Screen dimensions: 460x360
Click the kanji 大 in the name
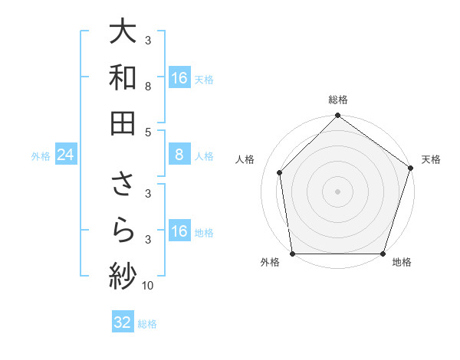tap(123, 33)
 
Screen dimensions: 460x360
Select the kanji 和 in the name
tap(123, 78)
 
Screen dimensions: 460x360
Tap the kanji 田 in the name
tap(123, 123)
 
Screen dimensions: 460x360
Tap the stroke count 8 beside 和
tap(147, 87)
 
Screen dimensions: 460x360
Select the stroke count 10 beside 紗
tap(148, 286)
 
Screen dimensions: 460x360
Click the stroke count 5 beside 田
tap(147, 132)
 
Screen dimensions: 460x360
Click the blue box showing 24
tap(65, 155)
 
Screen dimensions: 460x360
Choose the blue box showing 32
tap(123, 322)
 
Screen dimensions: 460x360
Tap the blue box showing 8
tap(179, 155)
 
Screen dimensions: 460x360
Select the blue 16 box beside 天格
tap(179, 78)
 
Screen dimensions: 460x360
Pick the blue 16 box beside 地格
tap(179, 231)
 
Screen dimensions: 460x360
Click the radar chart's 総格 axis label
tap(338, 100)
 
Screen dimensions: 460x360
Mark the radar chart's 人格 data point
tap(280, 172)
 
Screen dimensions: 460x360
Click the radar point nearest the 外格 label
tap(293, 254)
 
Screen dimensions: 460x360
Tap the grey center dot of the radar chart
tap(337, 191)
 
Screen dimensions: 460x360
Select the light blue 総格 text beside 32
tap(147, 324)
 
